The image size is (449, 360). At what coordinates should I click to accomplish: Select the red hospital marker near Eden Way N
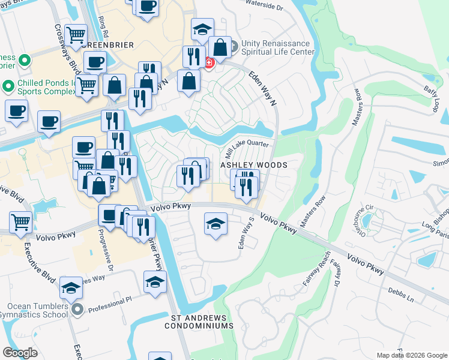tap(208, 62)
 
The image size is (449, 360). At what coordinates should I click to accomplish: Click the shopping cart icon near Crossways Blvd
tap(76, 35)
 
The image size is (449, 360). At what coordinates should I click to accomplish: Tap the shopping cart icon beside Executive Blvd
tap(21, 222)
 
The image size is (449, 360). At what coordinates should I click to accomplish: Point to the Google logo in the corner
tap(20, 353)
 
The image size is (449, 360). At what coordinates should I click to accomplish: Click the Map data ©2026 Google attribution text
tap(412, 355)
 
